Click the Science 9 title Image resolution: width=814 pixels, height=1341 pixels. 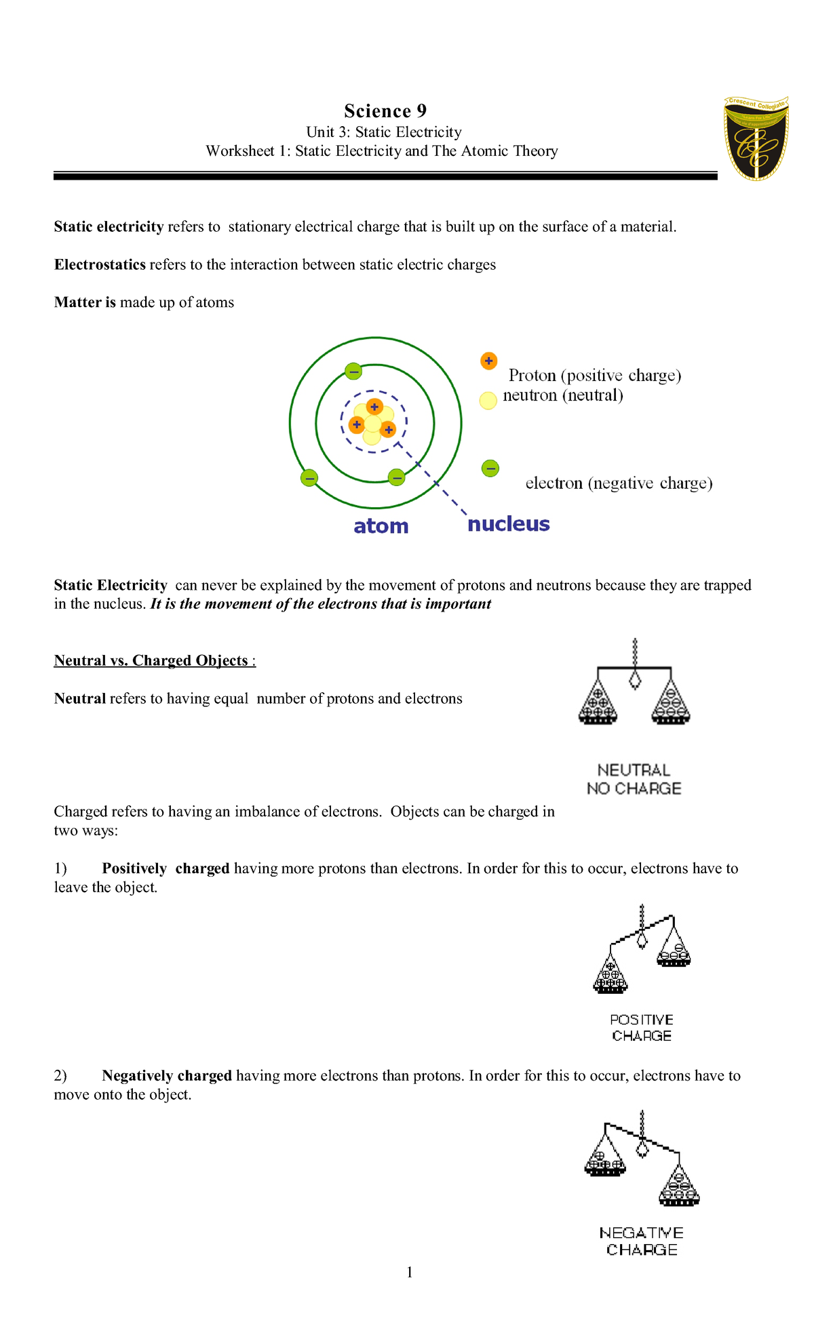click(x=385, y=111)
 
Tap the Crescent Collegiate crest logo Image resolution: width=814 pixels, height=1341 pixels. click(x=756, y=138)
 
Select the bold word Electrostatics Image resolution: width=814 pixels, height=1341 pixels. click(x=100, y=264)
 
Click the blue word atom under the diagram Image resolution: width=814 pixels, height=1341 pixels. click(x=381, y=526)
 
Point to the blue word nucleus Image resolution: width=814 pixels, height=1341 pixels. click(x=508, y=523)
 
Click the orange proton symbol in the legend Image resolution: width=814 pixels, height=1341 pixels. click(x=488, y=361)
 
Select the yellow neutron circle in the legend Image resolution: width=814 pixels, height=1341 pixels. click(x=488, y=401)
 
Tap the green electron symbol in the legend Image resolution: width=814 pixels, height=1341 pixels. click(x=490, y=468)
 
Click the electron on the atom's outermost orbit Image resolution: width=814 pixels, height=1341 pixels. click(x=309, y=477)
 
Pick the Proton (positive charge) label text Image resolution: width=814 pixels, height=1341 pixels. click(x=594, y=375)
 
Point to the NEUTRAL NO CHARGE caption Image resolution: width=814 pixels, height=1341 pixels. click(x=634, y=779)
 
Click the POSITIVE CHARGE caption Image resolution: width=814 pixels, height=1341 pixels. click(x=641, y=1027)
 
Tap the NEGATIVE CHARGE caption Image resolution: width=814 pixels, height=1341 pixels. click(x=641, y=1241)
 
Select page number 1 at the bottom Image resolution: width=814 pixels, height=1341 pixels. click(x=409, y=1272)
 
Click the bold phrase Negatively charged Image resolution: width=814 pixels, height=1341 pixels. click(x=167, y=1075)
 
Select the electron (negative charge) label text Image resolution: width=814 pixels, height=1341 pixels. click(x=619, y=483)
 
